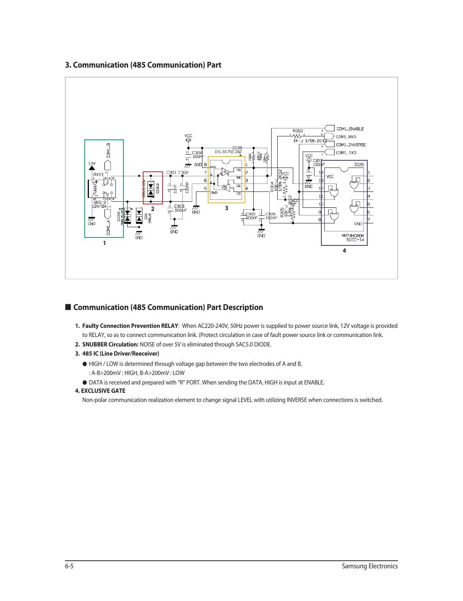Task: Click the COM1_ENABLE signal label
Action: click(350, 129)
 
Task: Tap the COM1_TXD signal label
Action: click(346, 153)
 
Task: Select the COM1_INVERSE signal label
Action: click(351, 145)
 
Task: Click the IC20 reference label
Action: click(359, 165)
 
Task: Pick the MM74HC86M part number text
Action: click(352, 236)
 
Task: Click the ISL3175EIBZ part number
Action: click(228, 152)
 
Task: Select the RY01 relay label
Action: click(98, 174)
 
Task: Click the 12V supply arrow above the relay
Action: click(92, 167)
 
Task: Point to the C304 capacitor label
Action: click(197, 153)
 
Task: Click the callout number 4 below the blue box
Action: click(344, 251)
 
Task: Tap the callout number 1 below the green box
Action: click(104, 243)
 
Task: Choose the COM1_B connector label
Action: click(108, 150)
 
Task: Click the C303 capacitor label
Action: click(179, 206)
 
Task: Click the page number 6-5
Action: click(69, 566)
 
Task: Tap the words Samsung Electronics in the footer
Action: click(370, 566)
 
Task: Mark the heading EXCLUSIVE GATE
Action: click(103, 391)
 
